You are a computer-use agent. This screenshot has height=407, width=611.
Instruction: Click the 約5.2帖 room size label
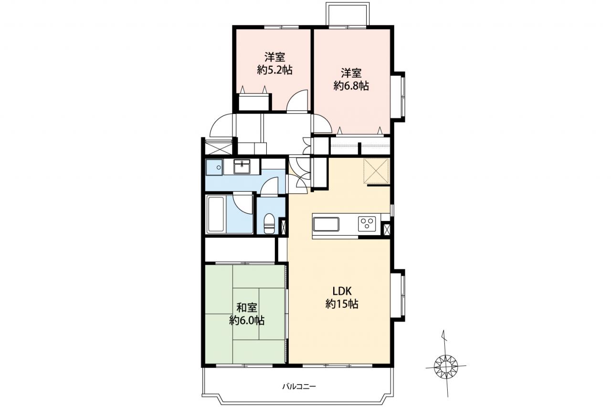coord(274,71)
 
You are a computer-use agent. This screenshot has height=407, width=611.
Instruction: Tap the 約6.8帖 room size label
coord(351,86)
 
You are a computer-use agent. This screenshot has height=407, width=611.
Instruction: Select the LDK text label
coord(342,292)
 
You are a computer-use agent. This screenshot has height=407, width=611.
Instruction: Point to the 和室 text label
coord(247,308)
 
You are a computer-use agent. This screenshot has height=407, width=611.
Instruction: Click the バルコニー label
coord(299,386)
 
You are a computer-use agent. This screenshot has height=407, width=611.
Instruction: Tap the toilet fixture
coord(269,223)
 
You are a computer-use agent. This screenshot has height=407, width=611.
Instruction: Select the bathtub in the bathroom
coord(216,215)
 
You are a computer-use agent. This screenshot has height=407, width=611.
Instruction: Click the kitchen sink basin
coord(326,224)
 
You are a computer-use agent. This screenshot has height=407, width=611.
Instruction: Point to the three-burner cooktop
coord(367,222)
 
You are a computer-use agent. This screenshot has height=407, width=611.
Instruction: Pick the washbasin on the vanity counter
coord(242,167)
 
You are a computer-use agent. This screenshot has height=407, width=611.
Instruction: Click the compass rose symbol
coord(445,366)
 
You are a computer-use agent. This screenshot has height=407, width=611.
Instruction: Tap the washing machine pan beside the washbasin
coord(214,167)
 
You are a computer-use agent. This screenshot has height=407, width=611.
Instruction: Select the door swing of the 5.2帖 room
coord(297,100)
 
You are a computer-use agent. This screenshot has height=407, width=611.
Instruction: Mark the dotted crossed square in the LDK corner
coord(376,171)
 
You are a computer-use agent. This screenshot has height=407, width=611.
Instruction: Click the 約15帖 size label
coord(342,303)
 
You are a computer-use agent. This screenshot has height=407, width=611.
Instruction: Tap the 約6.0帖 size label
coord(247,320)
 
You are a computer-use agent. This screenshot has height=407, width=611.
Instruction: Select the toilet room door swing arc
coord(269,186)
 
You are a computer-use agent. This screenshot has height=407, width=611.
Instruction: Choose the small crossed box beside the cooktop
coord(387,229)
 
